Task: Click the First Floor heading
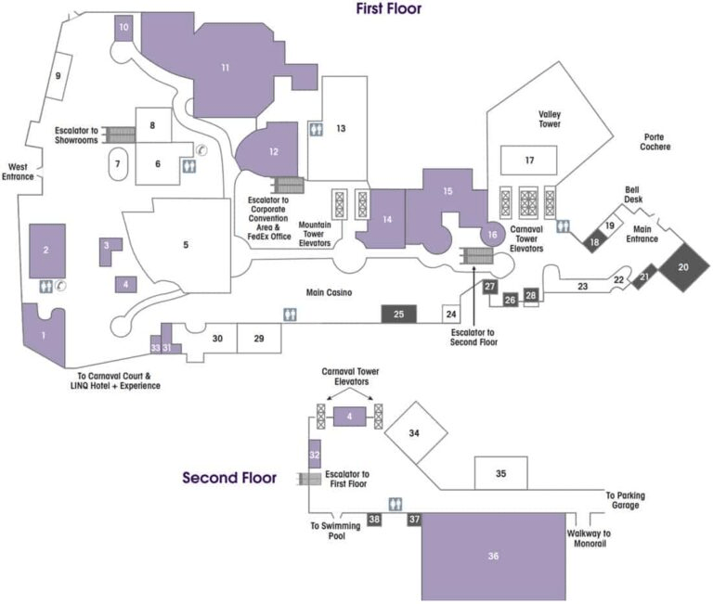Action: pyautogui.click(x=389, y=9)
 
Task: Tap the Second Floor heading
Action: pyautogui.click(x=229, y=479)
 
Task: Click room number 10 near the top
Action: pyautogui.click(x=124, y=29)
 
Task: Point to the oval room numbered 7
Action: pyautogui.click(x=118, y=163)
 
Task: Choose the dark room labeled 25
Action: pyautogui.click(x=399, y=315)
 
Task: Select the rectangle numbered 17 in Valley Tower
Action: pyautogui.click(x=529, y=161)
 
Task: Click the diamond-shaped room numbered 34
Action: pyautogui.click(x=415, y=433)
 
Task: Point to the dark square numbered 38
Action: pyautogui.click(x=374, y=520)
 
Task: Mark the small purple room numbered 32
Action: pyautogui.click(x=315, y=455)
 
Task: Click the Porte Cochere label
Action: pyautogui.click(x=656, y=141)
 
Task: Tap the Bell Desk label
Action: pyautogui.click(x=633, y=193)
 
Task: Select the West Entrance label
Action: pyautogui.click(x=19, y=172)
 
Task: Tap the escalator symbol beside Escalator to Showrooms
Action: pyautogui.click(x=121, y=134)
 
